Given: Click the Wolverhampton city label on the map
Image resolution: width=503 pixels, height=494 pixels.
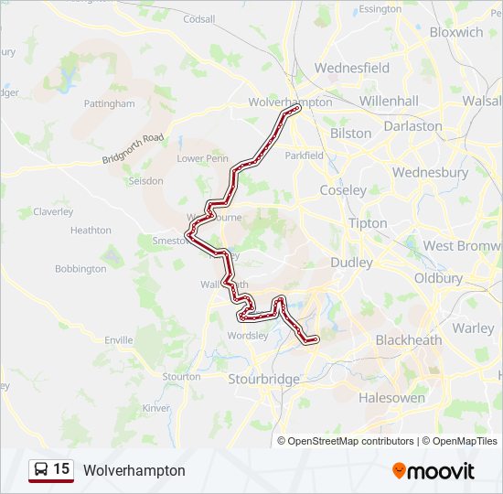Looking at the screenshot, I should click(x=290, y=102).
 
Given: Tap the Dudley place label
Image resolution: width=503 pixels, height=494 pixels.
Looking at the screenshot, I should click(x=351, y=263).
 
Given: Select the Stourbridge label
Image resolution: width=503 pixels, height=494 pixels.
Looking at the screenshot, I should click(x=264, y=379).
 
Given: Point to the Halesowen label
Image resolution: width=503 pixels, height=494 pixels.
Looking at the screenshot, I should click(x=391, y=398).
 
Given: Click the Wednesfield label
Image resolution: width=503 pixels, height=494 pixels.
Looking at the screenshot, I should click(x=351, y=68).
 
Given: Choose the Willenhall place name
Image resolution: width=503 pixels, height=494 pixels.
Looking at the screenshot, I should click(x=388, y=101).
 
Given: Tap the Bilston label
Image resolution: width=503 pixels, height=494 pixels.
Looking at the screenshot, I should click(x=350, y=133).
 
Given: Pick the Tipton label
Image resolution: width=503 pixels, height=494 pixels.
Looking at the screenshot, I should click(x=368, y=223).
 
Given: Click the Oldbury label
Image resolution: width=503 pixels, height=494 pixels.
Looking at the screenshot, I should click(x=438, y=278).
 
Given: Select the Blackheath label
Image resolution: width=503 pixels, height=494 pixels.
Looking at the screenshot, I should click(x=408, y=340).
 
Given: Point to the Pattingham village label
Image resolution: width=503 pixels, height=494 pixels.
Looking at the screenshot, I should click(x=109, y=104).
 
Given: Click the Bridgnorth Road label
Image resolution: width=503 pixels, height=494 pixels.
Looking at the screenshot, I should click(x=134, y=150).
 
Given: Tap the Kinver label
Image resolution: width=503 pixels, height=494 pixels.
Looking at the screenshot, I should click(x=156, y=408).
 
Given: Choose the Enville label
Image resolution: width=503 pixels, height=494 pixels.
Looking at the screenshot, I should click(x=118, y=340).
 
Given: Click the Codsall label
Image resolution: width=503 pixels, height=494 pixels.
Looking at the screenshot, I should click(x=198, y=18).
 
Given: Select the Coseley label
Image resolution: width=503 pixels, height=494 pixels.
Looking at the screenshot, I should click(x=343, y=190).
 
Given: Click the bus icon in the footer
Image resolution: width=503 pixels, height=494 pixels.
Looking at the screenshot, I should click(x=41, y=469).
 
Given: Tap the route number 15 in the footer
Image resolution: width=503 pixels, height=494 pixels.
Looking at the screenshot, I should click(x=61, y=469).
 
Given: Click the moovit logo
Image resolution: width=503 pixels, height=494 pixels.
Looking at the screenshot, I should click(x=433, y=471).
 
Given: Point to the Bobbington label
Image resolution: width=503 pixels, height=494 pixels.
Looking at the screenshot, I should click(x=80, y=269).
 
